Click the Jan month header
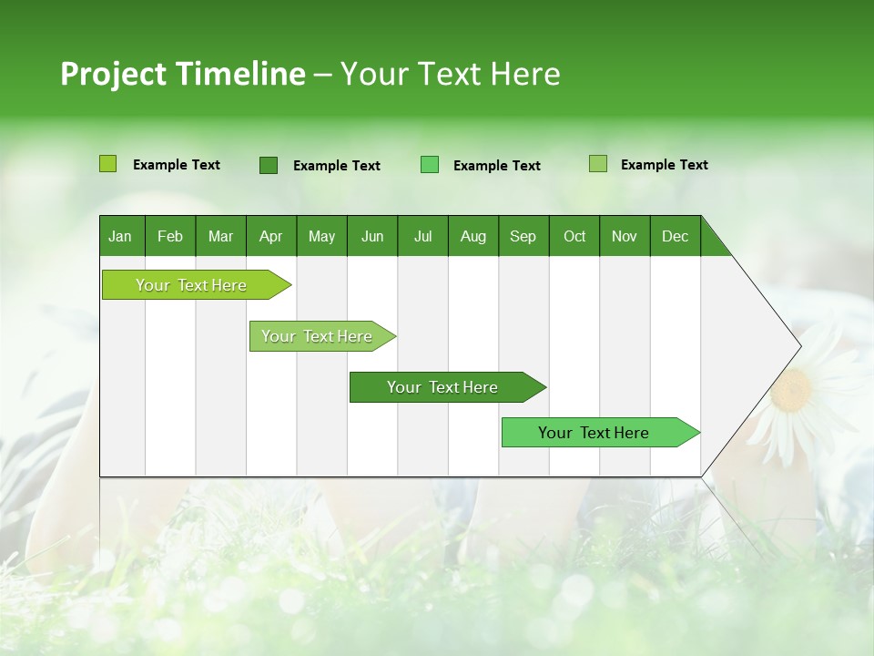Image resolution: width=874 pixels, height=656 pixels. click(x=120, y=236)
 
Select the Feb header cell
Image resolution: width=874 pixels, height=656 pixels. click(x=170, y=236)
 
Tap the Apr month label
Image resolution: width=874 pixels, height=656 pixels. click(x=270, y=236)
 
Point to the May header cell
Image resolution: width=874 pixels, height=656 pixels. click(x=321, y=236)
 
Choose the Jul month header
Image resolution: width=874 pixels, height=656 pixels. click(x=422, y=236)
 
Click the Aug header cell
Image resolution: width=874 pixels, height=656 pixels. click(x=473, y=236)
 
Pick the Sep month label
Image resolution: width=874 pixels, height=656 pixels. click(x=523, y=236)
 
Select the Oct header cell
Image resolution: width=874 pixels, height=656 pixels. click(x=574, y=236)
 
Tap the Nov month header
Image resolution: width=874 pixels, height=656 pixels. click(x=625, y=236)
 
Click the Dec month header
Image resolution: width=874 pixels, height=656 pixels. click(x=675, y=236)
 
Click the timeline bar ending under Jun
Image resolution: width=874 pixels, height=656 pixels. click(x=319, y=336)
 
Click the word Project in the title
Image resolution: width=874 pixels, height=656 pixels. click(x=114, y=74)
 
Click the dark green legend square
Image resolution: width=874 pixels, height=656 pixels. click(x=268, y=165)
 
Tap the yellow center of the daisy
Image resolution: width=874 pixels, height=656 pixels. click(x=792, y=389)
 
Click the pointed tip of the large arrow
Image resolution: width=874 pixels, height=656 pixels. click(x=799, y=346)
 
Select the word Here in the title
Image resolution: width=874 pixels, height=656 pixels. click(x=525, y=74)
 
